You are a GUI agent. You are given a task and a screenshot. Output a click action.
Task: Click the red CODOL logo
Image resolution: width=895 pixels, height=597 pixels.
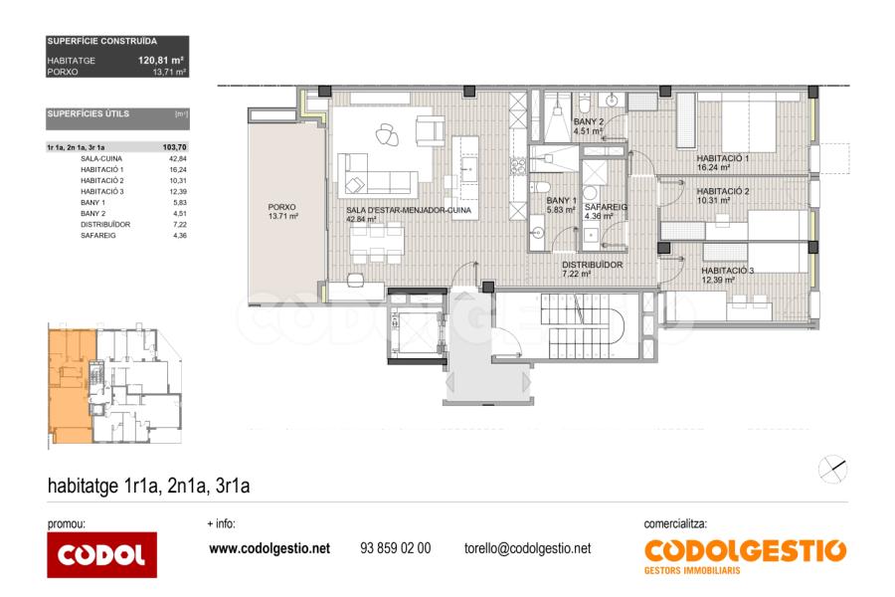tap(101, 554)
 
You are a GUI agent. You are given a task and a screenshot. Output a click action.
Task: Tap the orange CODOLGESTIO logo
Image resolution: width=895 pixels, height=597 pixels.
tap(746, 556)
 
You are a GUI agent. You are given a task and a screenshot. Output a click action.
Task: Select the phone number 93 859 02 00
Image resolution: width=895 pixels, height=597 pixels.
tap(396, 548)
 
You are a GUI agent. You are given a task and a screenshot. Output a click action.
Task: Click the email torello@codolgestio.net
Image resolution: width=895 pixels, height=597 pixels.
tap(527, 548)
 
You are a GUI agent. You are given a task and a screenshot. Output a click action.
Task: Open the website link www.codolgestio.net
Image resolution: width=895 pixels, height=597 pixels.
tap(269, 548)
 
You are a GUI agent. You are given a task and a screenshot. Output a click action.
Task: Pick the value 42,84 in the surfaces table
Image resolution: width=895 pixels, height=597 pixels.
tap(178, 159)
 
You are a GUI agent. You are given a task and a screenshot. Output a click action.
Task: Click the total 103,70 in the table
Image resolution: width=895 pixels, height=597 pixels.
tap(175, 147)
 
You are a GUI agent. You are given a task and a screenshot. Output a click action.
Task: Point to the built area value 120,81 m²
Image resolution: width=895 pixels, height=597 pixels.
tap(160, 60)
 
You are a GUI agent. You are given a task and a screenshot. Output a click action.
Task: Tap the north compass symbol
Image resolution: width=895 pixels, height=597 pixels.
tap(832, 470)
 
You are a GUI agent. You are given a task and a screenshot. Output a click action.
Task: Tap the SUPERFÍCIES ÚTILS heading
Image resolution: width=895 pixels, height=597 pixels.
tap(88, 113)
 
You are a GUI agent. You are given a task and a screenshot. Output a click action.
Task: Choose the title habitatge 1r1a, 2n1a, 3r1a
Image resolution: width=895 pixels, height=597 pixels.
tap(148, 486)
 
